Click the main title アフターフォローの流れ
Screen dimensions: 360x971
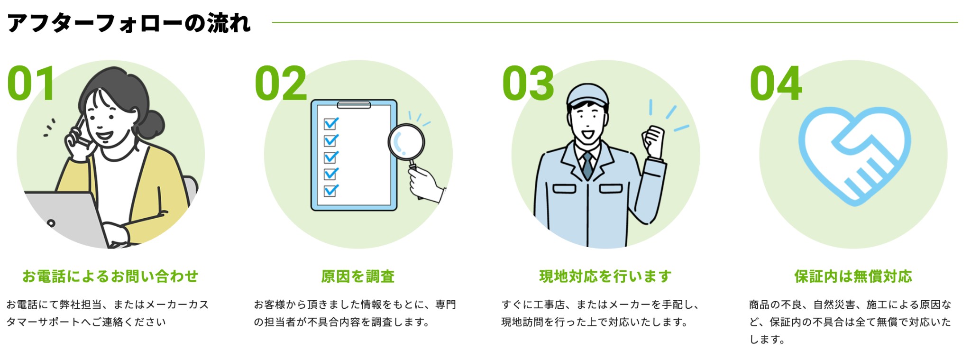[128, 23]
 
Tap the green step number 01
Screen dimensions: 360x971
[31, 83]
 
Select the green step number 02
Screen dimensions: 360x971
[281, 83]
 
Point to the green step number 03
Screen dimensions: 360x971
[528, 83]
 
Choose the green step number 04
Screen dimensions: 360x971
[776, 83]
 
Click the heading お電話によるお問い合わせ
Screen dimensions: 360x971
[110, 276]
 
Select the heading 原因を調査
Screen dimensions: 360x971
[358, 276]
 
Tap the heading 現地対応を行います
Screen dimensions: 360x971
[605, 276]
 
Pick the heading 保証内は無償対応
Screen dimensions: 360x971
[853, 276]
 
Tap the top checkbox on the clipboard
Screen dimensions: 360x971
[330, 124]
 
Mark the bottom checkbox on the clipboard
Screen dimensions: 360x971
[330, 191]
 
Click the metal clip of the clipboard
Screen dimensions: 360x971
[354, 104]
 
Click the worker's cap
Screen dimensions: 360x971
[588, 95]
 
